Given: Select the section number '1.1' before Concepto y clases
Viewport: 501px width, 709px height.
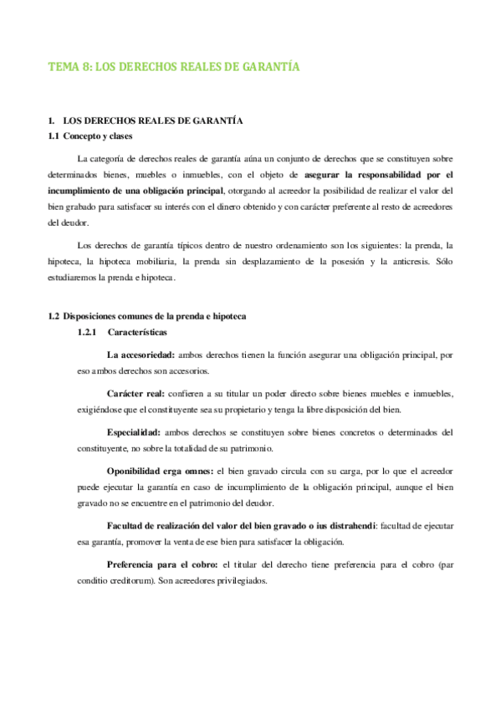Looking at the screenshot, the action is click(56, 136).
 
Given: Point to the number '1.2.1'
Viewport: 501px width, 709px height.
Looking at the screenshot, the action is click(88, 332).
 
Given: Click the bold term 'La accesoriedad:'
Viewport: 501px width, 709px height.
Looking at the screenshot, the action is click(141, 355).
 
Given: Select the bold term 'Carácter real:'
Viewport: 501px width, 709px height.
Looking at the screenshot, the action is click(136, 394).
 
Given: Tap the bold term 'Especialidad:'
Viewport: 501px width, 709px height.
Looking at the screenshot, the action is click(135, 433).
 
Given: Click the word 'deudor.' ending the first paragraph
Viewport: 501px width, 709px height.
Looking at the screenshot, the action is click(66, 223).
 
